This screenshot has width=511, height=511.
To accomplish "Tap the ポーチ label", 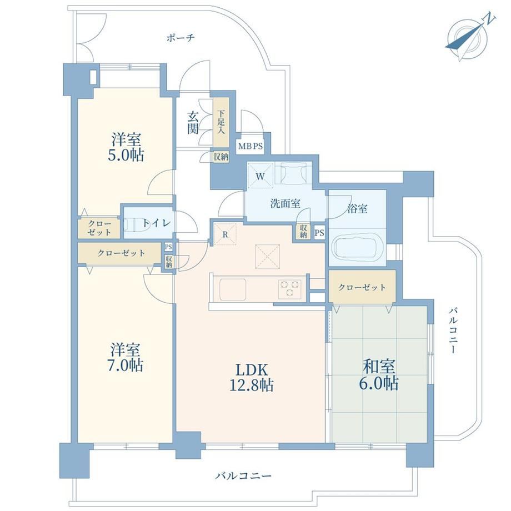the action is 181,38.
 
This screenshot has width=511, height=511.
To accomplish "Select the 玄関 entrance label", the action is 193,123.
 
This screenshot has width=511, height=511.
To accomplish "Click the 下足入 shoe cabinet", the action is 221,123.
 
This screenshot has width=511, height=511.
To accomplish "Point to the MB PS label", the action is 251,146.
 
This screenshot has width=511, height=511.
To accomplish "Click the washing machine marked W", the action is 260,176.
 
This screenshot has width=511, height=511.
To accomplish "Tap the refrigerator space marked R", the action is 224,234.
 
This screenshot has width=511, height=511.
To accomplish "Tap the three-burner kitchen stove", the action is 289,289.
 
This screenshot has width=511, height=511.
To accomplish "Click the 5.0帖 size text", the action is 126,155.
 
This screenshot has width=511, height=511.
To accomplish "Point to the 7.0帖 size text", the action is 127,365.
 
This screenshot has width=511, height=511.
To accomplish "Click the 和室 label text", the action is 379,366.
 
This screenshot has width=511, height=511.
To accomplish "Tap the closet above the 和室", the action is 362,287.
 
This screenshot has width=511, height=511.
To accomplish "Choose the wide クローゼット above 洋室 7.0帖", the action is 121,253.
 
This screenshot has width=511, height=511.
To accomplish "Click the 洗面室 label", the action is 285,204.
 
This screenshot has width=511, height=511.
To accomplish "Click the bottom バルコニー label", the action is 243,476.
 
